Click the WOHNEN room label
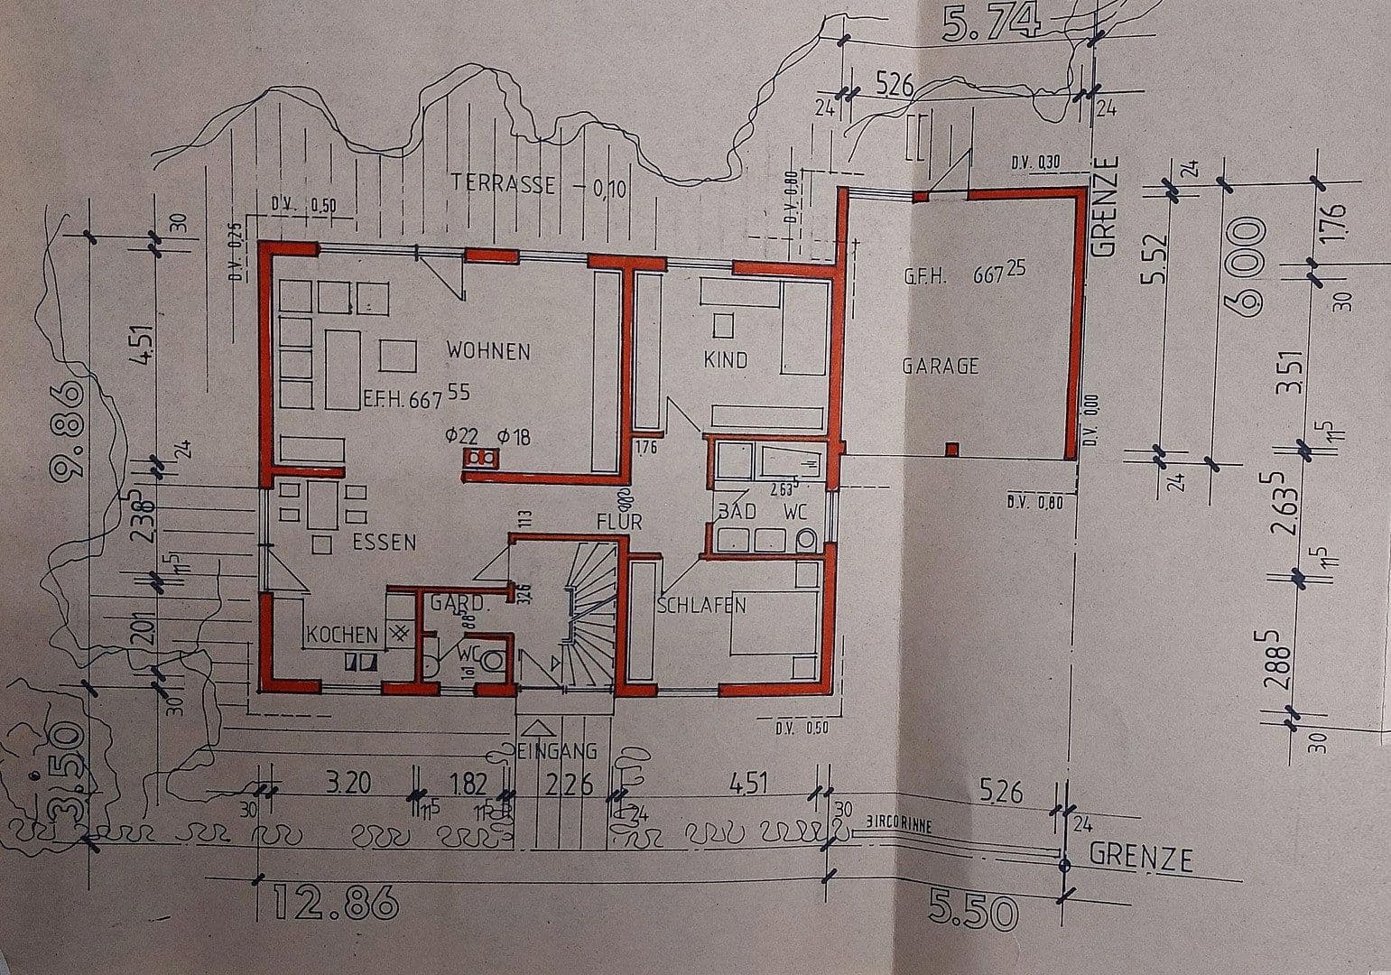(488, 350)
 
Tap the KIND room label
(726, 360)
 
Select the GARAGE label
(940, 366)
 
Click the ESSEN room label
(384, 543)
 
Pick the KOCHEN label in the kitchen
(341, 635)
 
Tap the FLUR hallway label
(618, 522)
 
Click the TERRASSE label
(503, 183)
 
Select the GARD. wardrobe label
(459, 602)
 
